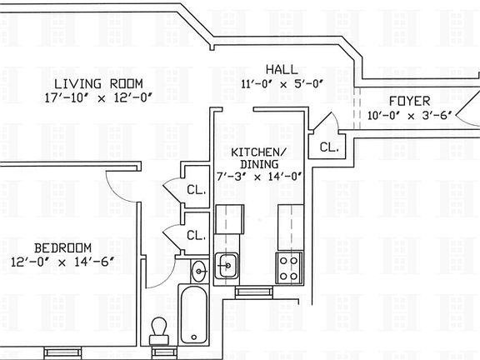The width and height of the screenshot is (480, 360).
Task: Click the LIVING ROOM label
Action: click(x=97, y=84)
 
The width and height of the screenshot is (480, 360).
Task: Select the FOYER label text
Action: click(x=409, y=101)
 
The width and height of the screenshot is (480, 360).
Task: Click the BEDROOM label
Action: click(x=62, y=247)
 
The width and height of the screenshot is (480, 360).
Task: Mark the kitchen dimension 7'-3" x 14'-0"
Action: click(x=258, y=176)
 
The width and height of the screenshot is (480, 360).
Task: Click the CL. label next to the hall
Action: click(x=328, y=147)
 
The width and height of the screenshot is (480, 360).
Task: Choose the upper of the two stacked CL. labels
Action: click(x=196, y=188)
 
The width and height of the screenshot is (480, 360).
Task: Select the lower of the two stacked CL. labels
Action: click(x=196, y=235)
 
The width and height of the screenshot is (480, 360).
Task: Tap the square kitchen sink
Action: click(x=227, y=267)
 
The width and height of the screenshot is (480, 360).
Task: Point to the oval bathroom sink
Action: click(x=199, y=270)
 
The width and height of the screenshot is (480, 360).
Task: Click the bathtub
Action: click(x=192, y=315)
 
